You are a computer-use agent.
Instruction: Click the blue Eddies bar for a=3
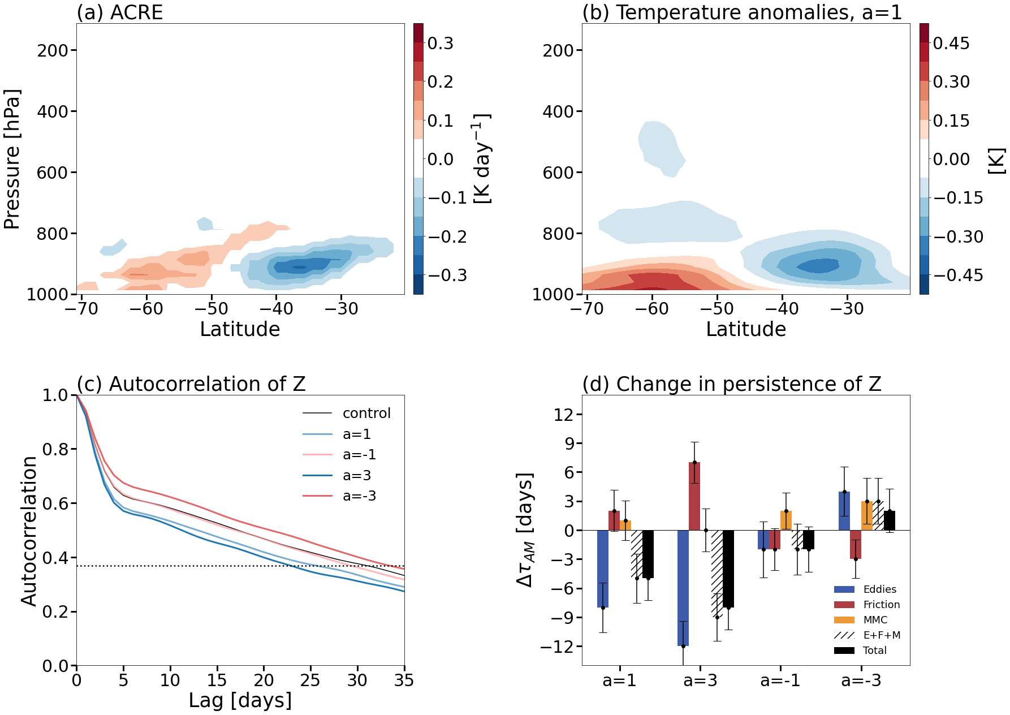click(x=683, y=588)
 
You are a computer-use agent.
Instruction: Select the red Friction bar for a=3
click(x=694, y=496)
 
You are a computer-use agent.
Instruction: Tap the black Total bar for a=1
click(x=648, y=554)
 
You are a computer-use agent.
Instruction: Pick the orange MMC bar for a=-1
click(x=786, y=520)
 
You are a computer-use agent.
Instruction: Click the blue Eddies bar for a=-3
click(x=844, y=511)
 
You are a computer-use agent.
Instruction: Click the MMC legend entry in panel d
click(x=875, y=620)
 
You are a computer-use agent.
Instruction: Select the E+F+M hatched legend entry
click(x=881, y=635)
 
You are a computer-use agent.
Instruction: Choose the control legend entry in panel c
click(x=366, y=414)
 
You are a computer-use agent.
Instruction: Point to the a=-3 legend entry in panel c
click(x=359, y=496)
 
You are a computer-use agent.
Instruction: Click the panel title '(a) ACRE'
click(x=120, y=12)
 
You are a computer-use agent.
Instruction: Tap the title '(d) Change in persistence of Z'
click(x=732, y=384)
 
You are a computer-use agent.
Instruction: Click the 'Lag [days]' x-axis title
click(x=240, y=700)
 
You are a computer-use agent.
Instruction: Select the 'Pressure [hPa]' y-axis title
click(x=12, y=159)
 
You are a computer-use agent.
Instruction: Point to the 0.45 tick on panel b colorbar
click(x=951, y=44)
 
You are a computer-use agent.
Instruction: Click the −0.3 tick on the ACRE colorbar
click(x=447, y=275)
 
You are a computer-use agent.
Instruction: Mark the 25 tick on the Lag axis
click(x=310, y=680)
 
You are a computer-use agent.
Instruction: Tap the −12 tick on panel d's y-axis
click(x=556, y=646)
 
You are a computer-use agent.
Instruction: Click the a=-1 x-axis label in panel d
click(x=780, y=680)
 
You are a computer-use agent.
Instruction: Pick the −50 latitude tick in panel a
click(x=212, y=309)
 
